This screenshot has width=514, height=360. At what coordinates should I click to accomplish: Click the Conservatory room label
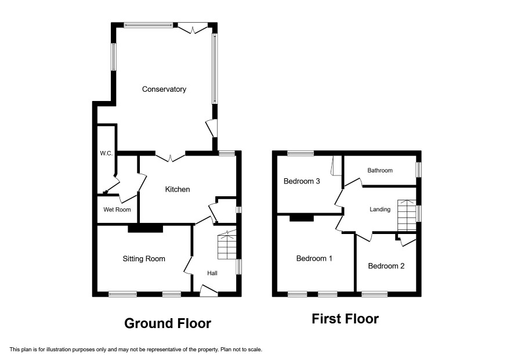(x=164, y=89)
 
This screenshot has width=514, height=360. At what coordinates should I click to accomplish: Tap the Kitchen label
(x=178, y=189)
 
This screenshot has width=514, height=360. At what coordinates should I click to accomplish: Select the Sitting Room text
(x=144, y=258)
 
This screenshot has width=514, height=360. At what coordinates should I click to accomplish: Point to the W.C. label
(x=106, y=153)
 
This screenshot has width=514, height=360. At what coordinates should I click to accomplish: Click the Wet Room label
(x=117, y=210)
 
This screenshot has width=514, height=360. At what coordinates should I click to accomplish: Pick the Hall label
(x=212, y=273)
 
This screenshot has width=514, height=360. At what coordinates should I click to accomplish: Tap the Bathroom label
(x=380, y=170)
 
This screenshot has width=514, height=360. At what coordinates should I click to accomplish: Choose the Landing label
(x=380, y=210)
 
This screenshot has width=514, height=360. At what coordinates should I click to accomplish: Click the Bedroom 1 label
(x=314, y=258)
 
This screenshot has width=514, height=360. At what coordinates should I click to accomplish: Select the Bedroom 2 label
(x=386, y=266)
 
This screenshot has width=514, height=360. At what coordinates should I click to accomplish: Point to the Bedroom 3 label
(x=302, y=181)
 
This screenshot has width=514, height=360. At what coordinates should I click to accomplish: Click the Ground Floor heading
(x=168, y=323)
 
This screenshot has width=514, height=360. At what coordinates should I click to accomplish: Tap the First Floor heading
(x=345, y=319)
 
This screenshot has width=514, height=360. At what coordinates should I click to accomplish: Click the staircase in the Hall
(x=227, y=245)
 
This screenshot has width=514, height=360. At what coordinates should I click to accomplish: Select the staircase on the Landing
(x=407, y=215)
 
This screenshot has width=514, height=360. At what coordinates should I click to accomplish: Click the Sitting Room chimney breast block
(x=145, y=228)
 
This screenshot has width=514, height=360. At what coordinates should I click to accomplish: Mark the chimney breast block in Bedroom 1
(x=302, y=218)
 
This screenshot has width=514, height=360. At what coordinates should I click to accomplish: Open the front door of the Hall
(x=209, y=291)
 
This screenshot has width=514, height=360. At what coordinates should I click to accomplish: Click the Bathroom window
(x=419, y=170)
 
